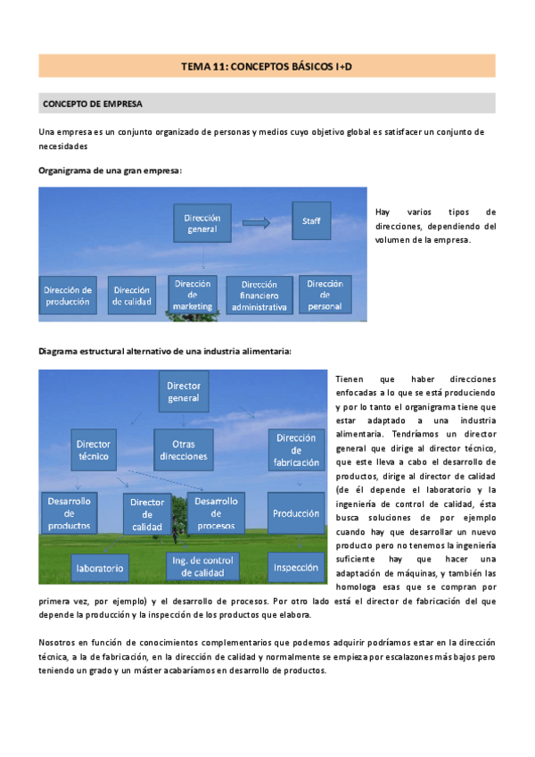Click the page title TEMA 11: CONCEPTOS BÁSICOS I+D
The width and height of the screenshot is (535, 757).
pyautogui.click(x=267, y=66)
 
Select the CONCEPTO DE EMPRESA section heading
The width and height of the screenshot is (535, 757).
pyautogui.click(x=93, y=104)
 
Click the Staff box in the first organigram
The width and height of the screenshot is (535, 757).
pyautogui.click(x=311, y=220)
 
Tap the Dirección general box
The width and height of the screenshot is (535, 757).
pyautogui.click(x=202, y=223)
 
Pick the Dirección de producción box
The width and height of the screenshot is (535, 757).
pyautogui.click(x=69, y=295)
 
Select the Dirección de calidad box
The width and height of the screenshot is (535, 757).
pyautogui.click(x=132, y=295)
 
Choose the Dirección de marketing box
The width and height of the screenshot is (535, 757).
pyautogui.click(x=193, y=295)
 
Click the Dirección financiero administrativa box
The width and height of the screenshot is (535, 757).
pyautogui.click(x=259, y=296)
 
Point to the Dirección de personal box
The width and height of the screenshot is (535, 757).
pyautogui.click(x=325, y=295)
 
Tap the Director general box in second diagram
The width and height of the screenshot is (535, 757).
pyautogui.click(x=184, y=391)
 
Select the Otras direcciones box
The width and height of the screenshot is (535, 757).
pyautogui.click(x=184, y=449)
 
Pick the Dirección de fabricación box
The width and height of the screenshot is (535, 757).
pyautogui.click(x=296, y=449)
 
